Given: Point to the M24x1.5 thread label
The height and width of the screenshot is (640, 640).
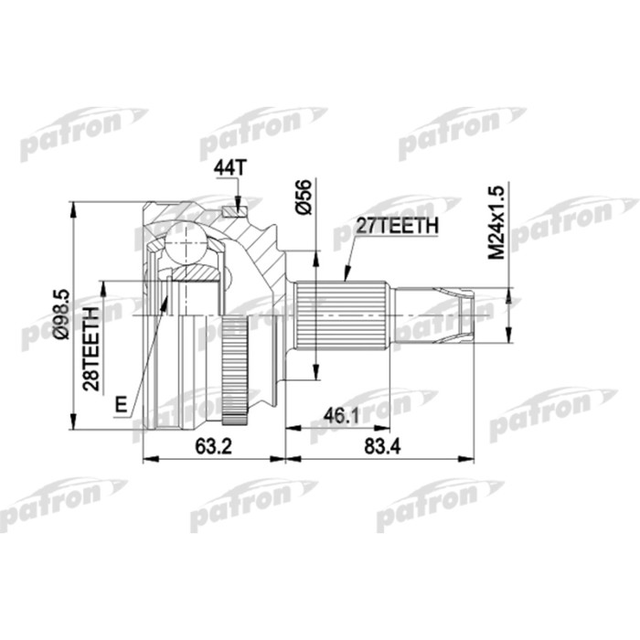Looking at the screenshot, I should [495, 222].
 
